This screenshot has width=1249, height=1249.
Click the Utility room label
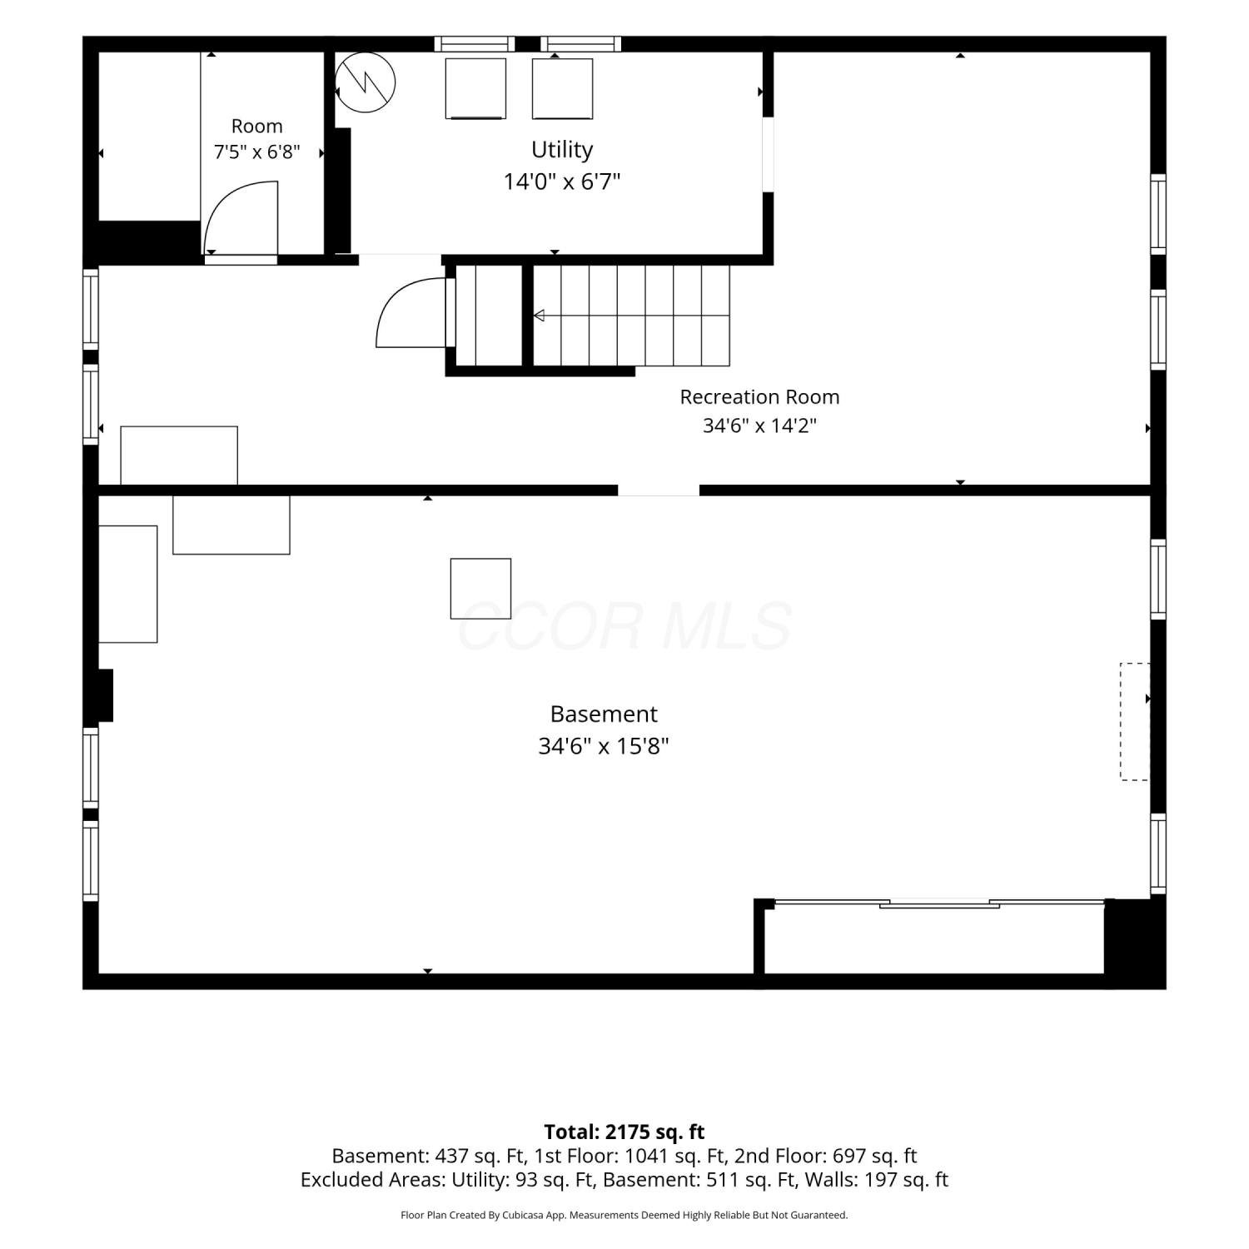click(x=562, y=150)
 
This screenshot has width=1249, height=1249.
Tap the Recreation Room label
click(x=759, y=397)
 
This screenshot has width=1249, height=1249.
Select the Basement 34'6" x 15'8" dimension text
click(x=604, y=746)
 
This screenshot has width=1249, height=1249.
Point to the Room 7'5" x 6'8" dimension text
click(x=256, y=152)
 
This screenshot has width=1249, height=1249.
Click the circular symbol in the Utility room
click(x=365, y=83)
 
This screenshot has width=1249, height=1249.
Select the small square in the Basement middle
click(x=480, y=589)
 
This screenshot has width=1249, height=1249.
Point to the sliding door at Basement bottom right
click(x=939, y=903)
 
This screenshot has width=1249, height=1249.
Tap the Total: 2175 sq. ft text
click(x=624, y=1132)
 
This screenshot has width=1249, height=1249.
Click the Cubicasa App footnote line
click(x=624, y=1216)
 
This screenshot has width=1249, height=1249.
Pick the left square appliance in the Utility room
click(x=475, y=89)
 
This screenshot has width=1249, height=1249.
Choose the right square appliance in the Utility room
click(x=563, y=89)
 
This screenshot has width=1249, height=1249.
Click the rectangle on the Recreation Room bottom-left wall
click(x=179, y=455)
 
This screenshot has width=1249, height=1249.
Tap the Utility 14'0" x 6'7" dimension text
click(x=562, y=182)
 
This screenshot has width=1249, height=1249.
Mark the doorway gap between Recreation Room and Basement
click(x=659, y=490)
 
